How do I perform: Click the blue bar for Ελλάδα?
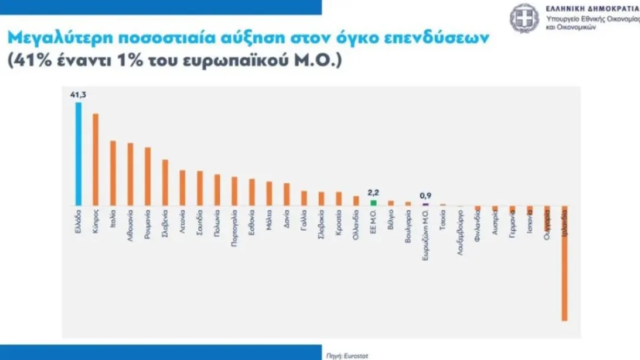click(78, 154)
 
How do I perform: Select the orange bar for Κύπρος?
click(96, 160)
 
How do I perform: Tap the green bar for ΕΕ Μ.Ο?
click(373, 203)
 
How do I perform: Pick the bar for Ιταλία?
click(113, 173)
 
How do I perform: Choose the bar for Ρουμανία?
click(148, 176)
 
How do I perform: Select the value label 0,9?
click(425, 196)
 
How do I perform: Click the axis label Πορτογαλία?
click(234, 228)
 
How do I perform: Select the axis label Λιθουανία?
click(130, 225)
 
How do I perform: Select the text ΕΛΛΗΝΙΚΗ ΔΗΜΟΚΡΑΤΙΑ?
click(592, 8)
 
